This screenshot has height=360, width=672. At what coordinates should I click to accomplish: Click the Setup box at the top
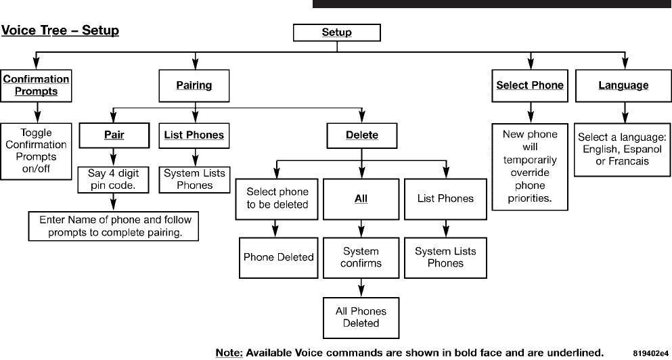pos(337,32)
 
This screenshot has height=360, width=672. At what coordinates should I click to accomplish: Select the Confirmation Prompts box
pos(36,86)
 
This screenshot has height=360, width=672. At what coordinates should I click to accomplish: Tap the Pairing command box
pos(194,86)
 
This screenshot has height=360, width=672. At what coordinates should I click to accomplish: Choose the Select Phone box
pos(530,86)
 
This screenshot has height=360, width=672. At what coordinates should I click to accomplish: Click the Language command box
pos(623,86)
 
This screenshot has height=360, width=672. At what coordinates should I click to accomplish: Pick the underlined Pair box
pos(114,135)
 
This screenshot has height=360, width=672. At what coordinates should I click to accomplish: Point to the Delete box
pos(362,135)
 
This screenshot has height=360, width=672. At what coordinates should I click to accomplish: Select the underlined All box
pos(361,199)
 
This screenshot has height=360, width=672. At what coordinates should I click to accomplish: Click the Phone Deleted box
pos(279,257)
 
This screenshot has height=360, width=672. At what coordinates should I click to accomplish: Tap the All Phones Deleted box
pos(361,317)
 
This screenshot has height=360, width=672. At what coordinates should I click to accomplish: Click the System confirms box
pos(361,257)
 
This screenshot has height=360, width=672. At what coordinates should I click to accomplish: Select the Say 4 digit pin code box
pos(114,179)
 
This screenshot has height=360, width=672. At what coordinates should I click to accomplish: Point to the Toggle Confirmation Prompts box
pos(36,151)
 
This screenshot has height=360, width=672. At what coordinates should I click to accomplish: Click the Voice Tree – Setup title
pos(60,30)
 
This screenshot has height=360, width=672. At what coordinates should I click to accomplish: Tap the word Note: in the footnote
pos(229,353)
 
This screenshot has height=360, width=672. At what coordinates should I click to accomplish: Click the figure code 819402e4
pos(651,353)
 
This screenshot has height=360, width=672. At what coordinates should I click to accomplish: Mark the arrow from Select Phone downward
pos(531,113)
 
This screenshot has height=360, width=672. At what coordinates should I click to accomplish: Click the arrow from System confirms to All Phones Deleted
pos(361,288)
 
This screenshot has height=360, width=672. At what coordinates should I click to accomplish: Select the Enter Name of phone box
pos(114,226)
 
